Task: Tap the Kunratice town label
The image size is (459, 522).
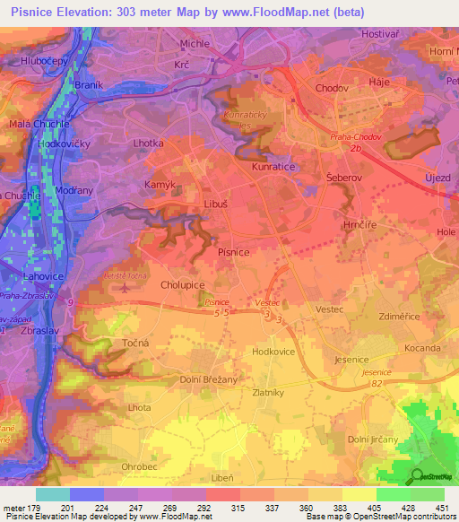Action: (273, 167)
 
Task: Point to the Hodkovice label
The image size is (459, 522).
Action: (275, 353)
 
